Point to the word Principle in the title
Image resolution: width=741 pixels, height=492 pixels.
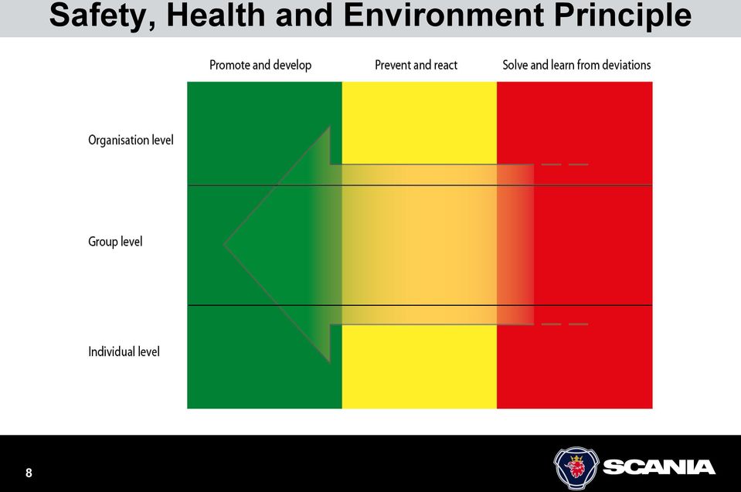pos(623,16)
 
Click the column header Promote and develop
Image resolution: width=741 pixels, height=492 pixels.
pos(260,65)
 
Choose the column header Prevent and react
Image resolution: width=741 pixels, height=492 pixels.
pos(416,65)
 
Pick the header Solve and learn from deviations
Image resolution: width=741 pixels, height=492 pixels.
pos(576,65)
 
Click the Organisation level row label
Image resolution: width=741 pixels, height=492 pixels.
pos(131,141)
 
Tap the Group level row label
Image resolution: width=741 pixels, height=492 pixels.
pos(115,242)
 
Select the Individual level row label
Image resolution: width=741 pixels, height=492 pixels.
pos(124,351)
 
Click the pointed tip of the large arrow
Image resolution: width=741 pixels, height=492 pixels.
pos(224,245)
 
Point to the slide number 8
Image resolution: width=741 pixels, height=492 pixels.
pos(29,473)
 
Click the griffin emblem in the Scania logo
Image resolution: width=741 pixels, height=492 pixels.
pos(576,467)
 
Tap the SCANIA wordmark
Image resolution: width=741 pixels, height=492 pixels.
pos(659,467)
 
